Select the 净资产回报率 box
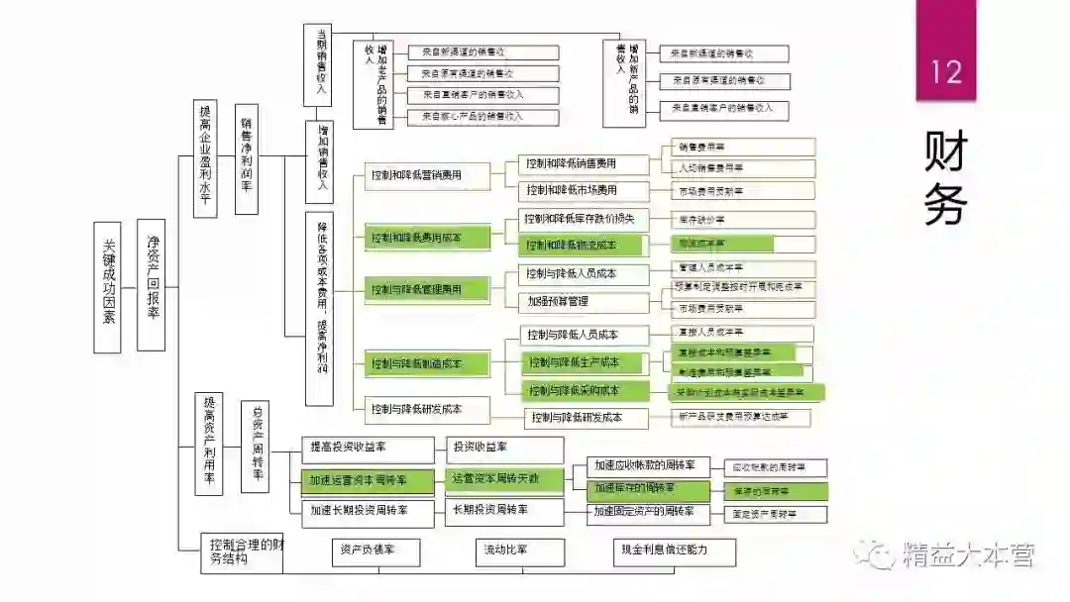click(152, 285)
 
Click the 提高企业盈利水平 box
click(205, 158)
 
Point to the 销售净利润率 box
click(248, 158)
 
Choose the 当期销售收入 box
click(319, 63)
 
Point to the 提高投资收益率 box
click(368, 450)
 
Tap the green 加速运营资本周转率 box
click(368, 481)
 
